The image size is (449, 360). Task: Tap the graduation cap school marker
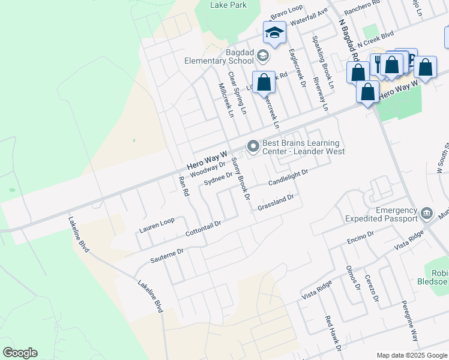click(274, 33)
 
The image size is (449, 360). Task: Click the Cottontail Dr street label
click(203, 227)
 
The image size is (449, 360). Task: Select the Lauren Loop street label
click(157, 225)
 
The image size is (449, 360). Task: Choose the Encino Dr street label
click(360, 237)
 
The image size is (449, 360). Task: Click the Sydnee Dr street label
click(218, 179)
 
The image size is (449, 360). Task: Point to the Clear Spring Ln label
click(237, 94)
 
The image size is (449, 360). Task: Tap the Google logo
click(20, 353)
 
